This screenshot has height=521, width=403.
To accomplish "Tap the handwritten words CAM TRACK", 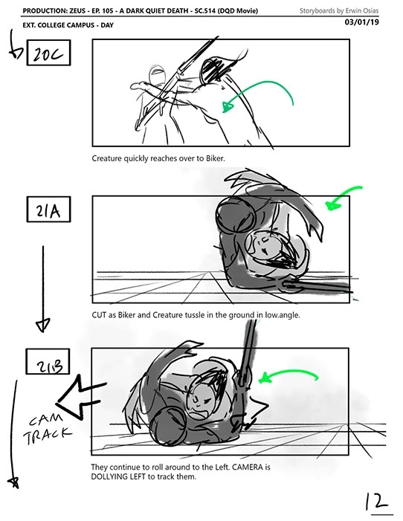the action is click(47, 428).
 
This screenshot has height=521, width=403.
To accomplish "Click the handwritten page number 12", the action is click(378, 502).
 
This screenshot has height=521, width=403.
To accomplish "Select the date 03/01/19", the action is click(362, 22).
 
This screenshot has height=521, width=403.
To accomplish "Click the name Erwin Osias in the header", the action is click(362, 10).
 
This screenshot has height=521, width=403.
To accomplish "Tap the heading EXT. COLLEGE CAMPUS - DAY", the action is click(68, 25).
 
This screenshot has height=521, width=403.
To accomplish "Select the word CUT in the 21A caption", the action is click(99, 314).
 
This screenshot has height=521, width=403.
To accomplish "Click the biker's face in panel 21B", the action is click(201, 401).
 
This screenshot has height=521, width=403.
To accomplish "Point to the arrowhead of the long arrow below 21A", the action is click(42, 325).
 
